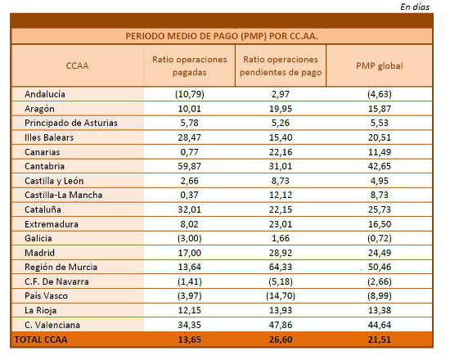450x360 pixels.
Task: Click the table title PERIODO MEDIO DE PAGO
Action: (222, 36)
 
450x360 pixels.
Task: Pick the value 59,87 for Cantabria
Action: (189, 166)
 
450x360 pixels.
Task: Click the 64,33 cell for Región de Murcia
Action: (281, 267)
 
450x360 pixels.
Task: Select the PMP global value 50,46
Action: (381, 267)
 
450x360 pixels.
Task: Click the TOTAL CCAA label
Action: (41, 339)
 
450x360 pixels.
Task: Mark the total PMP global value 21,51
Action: (381, 339)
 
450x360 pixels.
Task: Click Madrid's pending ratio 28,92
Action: (281, 252)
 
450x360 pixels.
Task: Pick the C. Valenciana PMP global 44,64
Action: (381, 324)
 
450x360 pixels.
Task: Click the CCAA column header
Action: (77, 65)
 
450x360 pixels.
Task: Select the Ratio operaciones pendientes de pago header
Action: (281, 65)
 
